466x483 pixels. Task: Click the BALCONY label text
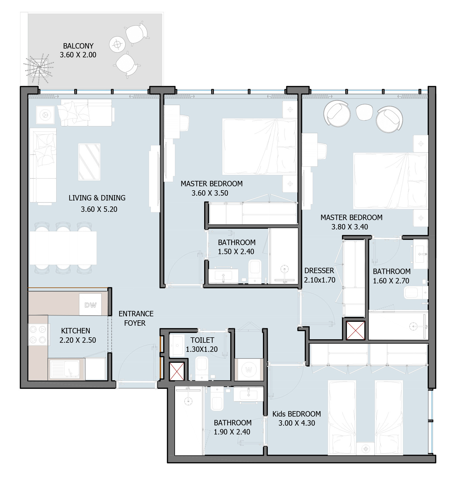pos(78,46)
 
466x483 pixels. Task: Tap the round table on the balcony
pos(117,45)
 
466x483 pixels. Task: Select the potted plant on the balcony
pos(38,67)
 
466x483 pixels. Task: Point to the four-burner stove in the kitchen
pos(38,334)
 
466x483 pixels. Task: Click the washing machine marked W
pos(249,370)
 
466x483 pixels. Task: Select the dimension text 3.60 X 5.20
pos(99,209)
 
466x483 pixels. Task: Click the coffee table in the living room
pos(89,162)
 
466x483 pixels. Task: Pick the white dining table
pos(63,248)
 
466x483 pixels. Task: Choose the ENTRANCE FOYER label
pos(136,318)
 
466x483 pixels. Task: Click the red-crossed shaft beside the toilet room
pos(177,371)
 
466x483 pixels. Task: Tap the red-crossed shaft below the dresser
pos(356,330)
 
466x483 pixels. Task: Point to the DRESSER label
pos(319,271)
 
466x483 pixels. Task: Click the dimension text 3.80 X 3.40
pos(350,227)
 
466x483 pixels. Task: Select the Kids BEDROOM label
pos(296,414)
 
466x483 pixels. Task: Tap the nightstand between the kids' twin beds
pos(366,449)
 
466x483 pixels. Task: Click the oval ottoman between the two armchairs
pos(364,112)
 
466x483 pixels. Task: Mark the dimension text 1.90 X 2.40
pos(232,432)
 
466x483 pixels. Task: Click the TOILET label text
pos(202,340)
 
